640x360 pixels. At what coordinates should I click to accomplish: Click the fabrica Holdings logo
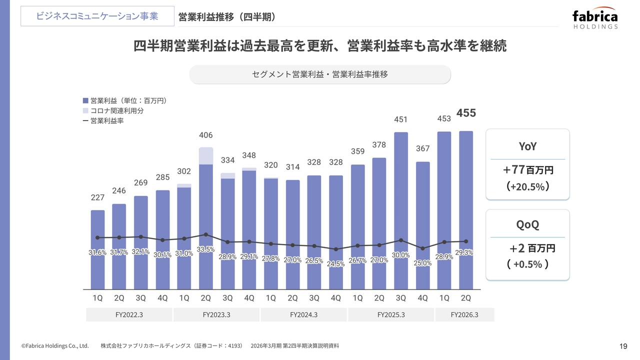coord(595,19)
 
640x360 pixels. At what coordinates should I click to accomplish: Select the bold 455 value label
coord(466,113)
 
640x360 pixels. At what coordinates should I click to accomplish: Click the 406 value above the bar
coord(206,135)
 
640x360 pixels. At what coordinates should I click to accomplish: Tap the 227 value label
coord(97,198)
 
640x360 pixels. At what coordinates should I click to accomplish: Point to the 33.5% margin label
coord(205,249)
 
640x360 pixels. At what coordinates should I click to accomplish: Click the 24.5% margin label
coord(336,264)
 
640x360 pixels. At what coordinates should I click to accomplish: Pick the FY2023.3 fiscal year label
coord(216,315)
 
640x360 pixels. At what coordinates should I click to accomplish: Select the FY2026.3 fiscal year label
coord(464,315)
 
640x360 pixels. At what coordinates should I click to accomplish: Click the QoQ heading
coord(527,224)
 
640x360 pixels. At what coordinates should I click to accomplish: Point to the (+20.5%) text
coord(528,187)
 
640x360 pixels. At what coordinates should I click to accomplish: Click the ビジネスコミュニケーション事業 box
coord(97,16)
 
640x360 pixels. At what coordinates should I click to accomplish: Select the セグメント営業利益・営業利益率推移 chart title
coord(320,74)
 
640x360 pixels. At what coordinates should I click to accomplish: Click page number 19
coord(623,346)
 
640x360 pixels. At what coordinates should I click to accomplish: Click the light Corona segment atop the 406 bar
coord(206,155)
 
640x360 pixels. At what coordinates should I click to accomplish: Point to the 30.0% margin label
coord(401,255)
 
